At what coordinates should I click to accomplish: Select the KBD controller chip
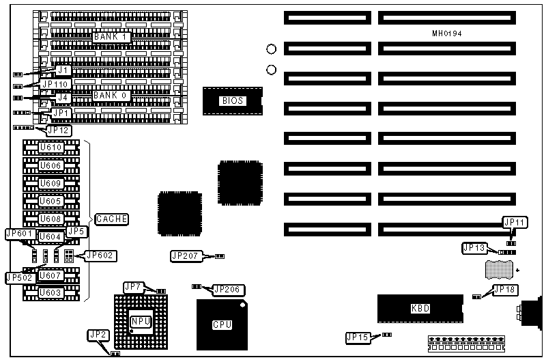pos(420,308)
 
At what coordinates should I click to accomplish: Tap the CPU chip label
pos(222,324)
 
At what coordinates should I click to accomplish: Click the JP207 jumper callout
pos(184,256)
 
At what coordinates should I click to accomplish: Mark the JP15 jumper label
pos(360,337)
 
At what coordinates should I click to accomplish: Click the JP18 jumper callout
pos(504,290)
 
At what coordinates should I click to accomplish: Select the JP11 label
pos(515,222)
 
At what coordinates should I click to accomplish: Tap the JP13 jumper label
pos(475,247)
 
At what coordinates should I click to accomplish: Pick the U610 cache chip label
pos(51,148)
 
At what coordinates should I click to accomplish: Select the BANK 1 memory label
pos(111,36)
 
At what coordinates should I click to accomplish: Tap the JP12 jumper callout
pos(57,130)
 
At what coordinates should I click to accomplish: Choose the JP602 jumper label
pos(100,255)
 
